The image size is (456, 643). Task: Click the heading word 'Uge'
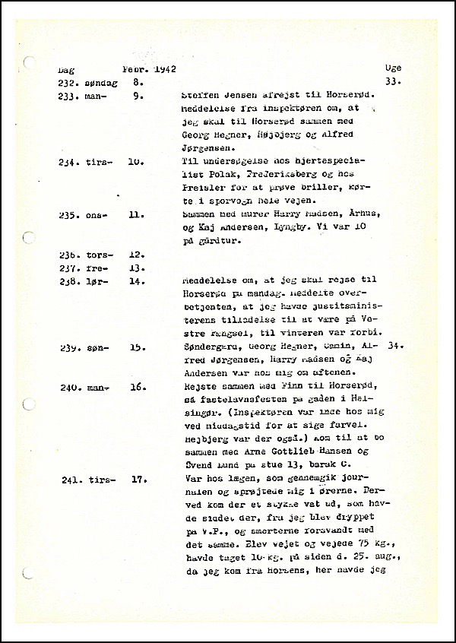pyautogui.click(x=394, y=68)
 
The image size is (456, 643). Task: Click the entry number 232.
pyautogui.click(x=68, y=82)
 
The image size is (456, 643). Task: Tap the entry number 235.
pyautogui.click(x=68, y=215)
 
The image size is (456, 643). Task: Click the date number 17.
pyautogui.click(x=138, y=479)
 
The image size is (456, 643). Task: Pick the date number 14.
pyautogui.click(x=138, y=281)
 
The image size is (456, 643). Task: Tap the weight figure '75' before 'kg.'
pyautogui.click(x=341, y=545)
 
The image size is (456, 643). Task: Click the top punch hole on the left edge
pyautogui.click(x=28, y=63)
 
